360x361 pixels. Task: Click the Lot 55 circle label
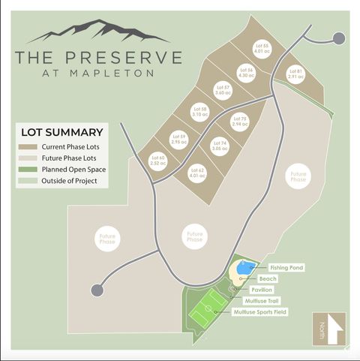(261, 50)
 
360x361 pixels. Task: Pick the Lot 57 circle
(223, 91)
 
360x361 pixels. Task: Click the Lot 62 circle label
(198, 174)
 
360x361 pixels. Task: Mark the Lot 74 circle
(219, 146)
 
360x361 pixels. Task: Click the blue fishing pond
(244, 268)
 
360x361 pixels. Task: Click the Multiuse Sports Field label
(260, 311)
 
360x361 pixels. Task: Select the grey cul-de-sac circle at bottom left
(97, 290)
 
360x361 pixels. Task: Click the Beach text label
(268, 278)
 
